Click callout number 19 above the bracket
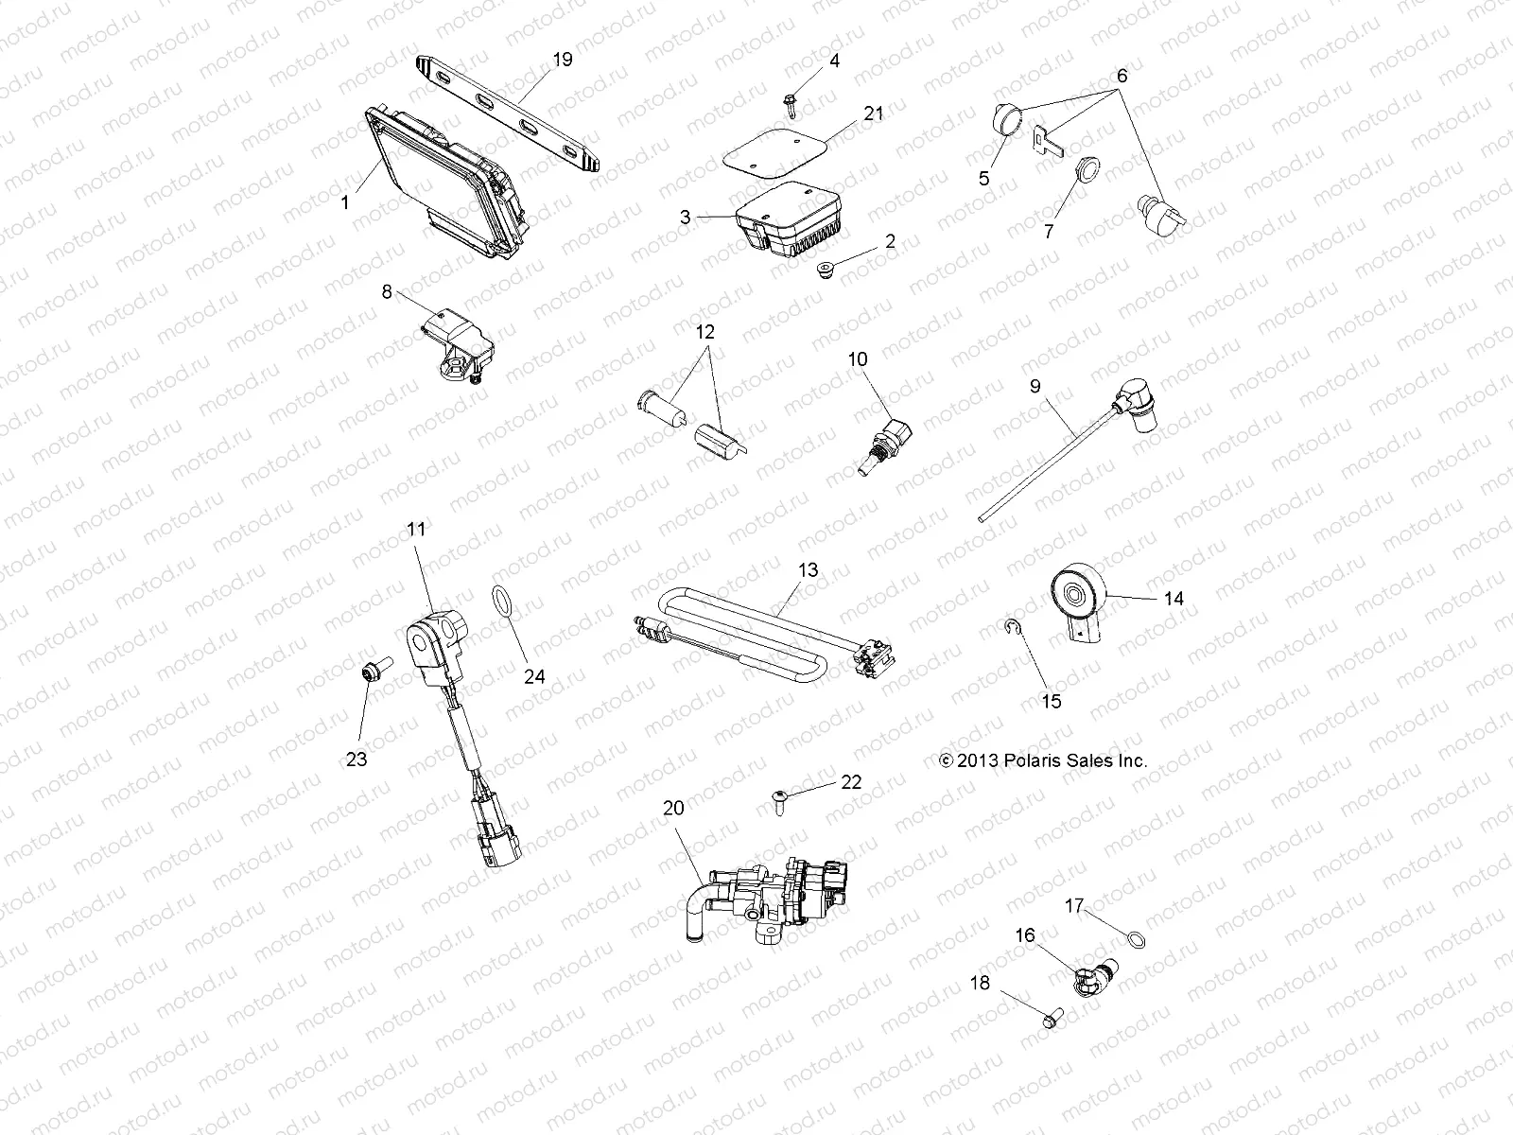(x=562, y=60)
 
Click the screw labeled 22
(x=779, y=802)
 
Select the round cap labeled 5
(x=1011, y=122)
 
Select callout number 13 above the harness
(x=808, y=570)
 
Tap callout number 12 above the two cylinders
(x=704, y=333)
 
